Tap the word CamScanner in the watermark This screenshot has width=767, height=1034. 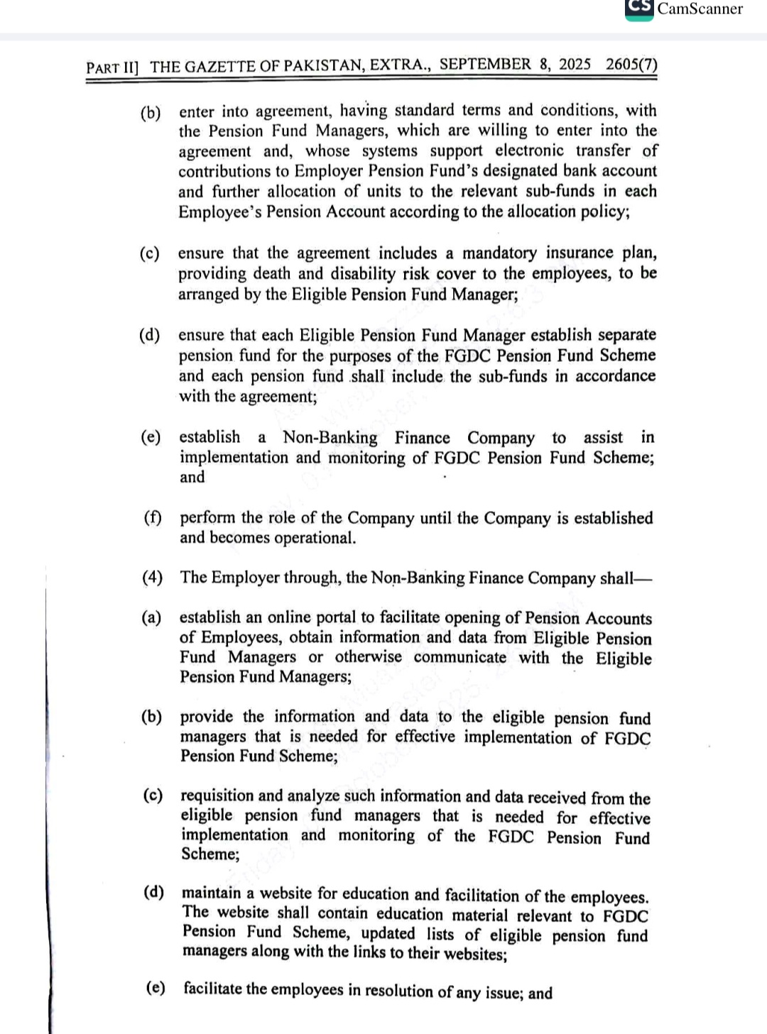pyautogui.click(x=700, y=9)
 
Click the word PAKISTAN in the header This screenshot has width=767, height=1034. pyautogui.click(x=325, y=66)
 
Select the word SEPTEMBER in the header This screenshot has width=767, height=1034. pyautogui.click(x=485, y=65)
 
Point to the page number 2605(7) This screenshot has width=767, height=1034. pyautogui.click(x=631, y=64)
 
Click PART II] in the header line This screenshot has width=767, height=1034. pyautogui.click(x=112, y=67)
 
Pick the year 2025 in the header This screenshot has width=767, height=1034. pyautogui.click(x=575, y=64)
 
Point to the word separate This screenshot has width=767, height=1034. pyautogui.click(x=627, y=334)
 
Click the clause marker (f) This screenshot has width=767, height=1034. pyautogui.click(x=153, y=517)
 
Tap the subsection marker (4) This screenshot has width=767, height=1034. pyautogui.click(x=152, y=577)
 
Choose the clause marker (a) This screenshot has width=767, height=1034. pyautogui.click(x=151, y=617)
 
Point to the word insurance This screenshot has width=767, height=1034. pyautogui.click(x=579, y=253)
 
